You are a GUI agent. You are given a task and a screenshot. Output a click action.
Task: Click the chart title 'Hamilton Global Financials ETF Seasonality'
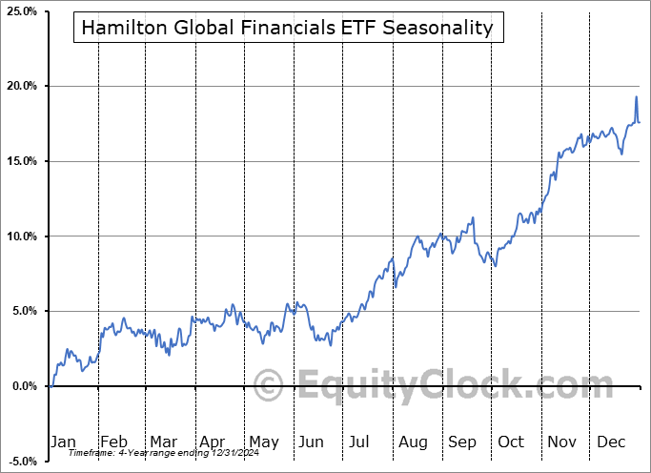(x=287, y=28)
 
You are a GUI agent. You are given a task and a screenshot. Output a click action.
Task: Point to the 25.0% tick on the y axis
(x=21, y=11)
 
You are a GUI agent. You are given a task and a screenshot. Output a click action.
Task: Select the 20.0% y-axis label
(x=21, y=87)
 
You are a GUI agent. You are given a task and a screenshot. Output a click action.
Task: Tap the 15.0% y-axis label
(x=21, y=161)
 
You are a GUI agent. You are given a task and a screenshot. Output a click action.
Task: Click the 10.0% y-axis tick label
(x=21, y=236)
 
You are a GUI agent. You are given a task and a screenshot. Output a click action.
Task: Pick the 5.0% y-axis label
(x=23, y=311)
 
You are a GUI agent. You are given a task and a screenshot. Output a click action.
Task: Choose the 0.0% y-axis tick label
(x=23, y=386)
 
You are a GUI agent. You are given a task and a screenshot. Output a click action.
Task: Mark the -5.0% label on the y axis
(x=21, y=461)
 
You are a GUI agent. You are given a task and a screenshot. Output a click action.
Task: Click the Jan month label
(x=62, y=442)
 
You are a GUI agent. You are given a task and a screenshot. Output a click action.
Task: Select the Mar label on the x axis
(x=162, y=442)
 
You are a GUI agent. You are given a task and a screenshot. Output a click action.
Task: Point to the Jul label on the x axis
(x=360, y=442)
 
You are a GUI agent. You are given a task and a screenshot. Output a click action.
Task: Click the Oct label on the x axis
(x=511, y=442)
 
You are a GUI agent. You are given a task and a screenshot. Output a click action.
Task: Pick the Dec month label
(x=610, y=442)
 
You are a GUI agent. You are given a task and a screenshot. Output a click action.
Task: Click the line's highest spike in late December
(x=637, y=97)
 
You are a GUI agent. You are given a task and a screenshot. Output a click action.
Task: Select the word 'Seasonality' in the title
(x=445, y=28)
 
